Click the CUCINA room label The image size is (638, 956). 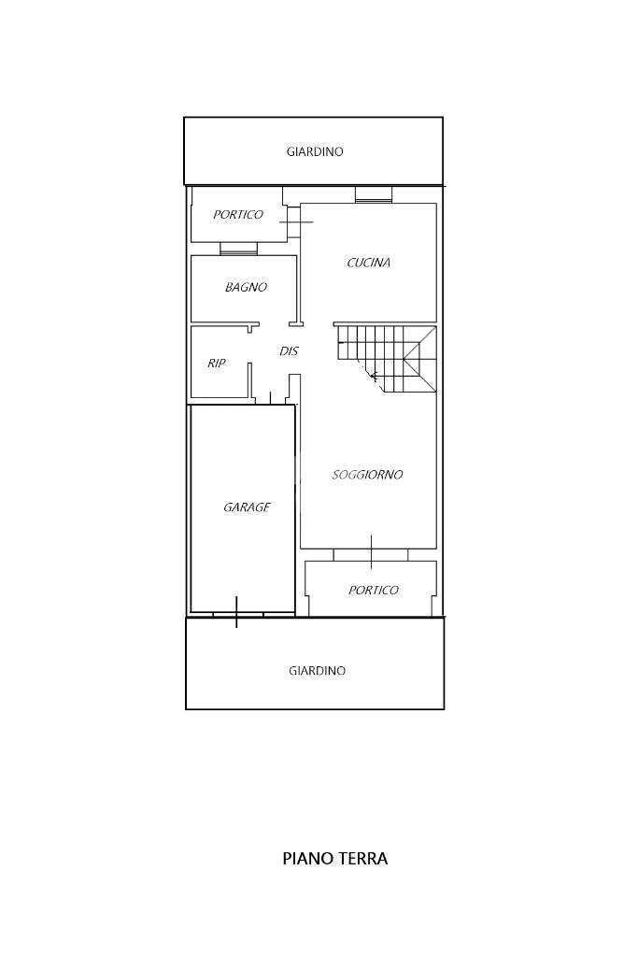click(368, 263)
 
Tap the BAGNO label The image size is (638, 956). click(246, 287)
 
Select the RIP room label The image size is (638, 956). click(217, 363)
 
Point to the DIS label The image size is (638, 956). click(289, 351)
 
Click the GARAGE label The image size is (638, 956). click(247, 507)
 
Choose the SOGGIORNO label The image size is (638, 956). click(367, 475)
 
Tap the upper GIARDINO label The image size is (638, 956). click(315, 151)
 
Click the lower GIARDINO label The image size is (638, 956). click(317, 671)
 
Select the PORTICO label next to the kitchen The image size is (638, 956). click(237, 215)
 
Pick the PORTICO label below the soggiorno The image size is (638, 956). click(373, 591)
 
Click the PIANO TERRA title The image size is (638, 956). click(335, 859)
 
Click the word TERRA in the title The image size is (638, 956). click(363, 859)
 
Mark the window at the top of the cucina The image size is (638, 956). click(374, 195)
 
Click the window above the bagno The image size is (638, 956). click(239, 249)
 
